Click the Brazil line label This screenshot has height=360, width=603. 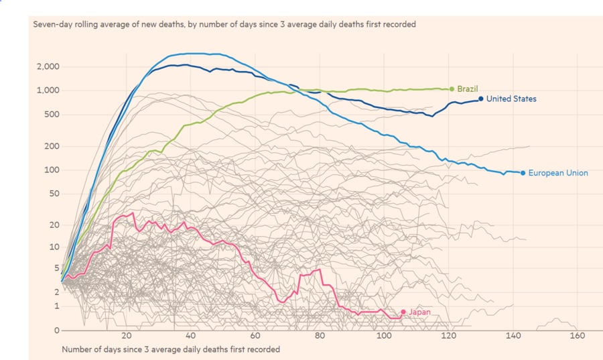467,88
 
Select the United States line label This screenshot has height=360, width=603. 511,99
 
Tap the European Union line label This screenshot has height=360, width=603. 558,173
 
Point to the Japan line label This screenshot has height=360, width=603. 419,312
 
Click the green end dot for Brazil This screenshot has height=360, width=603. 452,88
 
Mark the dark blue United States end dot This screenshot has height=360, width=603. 481,99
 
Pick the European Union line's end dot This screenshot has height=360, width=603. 523,173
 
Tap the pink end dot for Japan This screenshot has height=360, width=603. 403,312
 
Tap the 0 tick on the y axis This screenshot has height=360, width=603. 58,331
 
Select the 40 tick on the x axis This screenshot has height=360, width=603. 191,336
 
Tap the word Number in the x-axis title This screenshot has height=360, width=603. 77,349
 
